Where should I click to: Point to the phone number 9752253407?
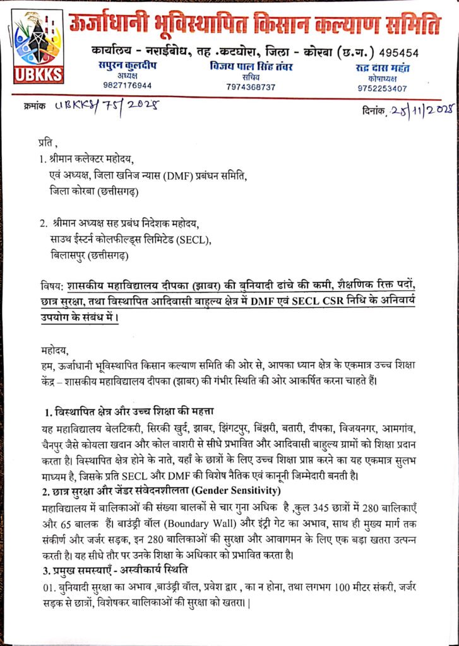tap(381, 88)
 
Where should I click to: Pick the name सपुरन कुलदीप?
tap(131, 66)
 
